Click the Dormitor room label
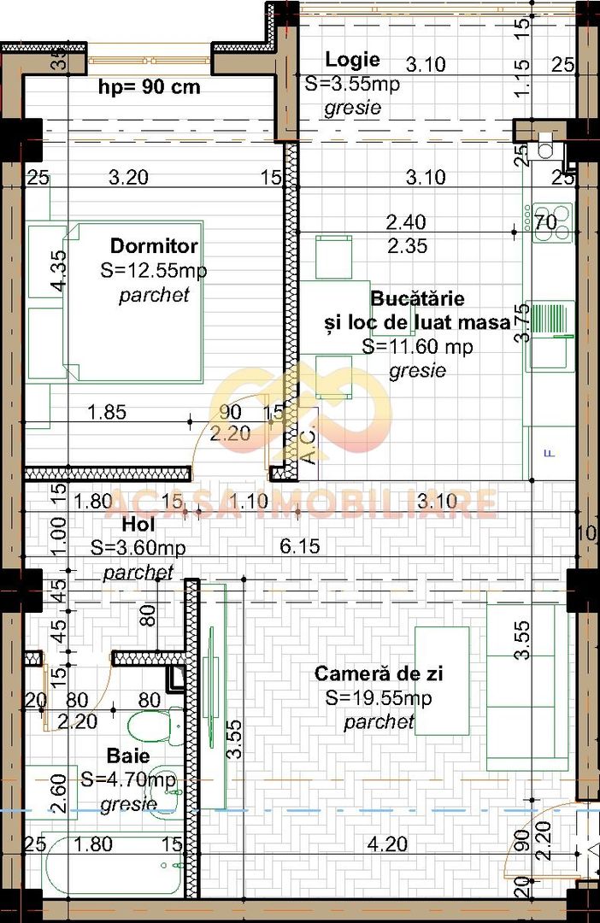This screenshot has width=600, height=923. (x=154, y=246)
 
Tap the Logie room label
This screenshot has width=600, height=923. (x=352, y=60)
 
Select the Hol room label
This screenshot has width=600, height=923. (x=139, y=524)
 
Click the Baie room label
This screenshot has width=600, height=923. (x=128, y=756)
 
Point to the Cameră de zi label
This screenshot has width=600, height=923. (x=379, y=674)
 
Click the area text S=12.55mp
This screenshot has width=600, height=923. (x=154, y=271)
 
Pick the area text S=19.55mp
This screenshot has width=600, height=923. (x=379, y=698)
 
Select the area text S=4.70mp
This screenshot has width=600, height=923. (x=128, y=779)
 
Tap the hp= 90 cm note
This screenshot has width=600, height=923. (x=150, y=86)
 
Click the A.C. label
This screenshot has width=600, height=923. (x=309, y=444)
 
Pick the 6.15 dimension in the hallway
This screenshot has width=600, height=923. (x=301, y=545)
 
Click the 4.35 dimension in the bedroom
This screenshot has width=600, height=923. (x=57, y=273)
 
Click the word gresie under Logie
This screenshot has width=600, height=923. (x=352, y=109)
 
